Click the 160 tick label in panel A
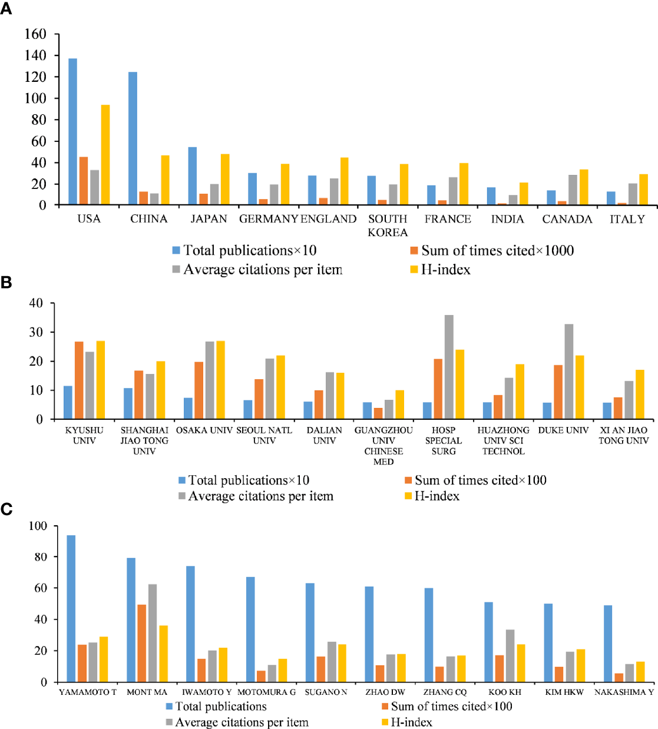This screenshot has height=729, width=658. pyautogui.click(x=35, y=34)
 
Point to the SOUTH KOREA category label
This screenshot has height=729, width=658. pyautogui.click(x=388, y=226)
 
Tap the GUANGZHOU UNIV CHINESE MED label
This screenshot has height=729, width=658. pyautogui.click(x=383, y=446)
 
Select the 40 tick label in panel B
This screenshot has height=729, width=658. pyautogui.click(x=36, y=303)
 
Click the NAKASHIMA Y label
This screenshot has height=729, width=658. pyautogui.click(x=624, y=692)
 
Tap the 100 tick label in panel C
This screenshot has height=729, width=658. pyautogui.click(x=38, y=526)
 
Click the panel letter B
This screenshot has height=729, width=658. pyautogui.click(x=6, y=283)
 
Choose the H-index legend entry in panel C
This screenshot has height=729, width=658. pyautogui.click(x=411, y=722)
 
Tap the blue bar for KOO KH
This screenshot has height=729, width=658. pyautogui.click(x=488, y=642)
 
